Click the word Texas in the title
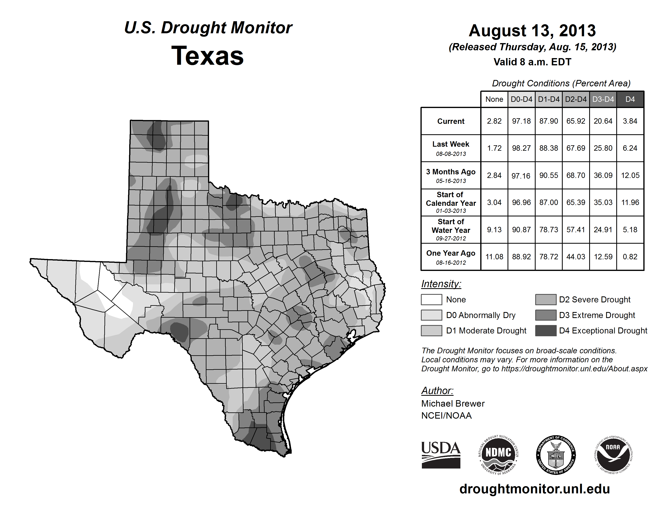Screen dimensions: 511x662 coord(207,56)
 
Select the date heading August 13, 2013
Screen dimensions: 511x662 coord(532,31)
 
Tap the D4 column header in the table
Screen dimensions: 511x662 coord(630,99)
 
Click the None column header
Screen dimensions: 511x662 coord(494,99)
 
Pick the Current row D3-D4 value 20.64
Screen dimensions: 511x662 coord(603,121)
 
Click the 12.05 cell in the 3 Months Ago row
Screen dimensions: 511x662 coord(630,175)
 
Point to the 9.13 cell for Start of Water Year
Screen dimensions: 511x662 coord(494,230)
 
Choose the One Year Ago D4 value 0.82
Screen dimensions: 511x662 coord(630,257)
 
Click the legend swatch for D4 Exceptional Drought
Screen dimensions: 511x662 coord(546,331)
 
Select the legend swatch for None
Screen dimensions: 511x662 coord(431,299)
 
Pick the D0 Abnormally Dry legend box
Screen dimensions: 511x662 coord(431,315)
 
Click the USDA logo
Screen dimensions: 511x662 coord(441,455)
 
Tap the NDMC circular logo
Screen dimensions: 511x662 coord(498,455)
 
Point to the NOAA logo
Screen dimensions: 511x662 coord(613,455)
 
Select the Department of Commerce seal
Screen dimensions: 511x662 coord(556,455)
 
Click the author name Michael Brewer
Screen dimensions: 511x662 coord(453,404)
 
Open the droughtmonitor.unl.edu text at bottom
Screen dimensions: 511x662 coord(535,489)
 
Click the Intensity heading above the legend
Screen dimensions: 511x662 coord(441,284)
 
